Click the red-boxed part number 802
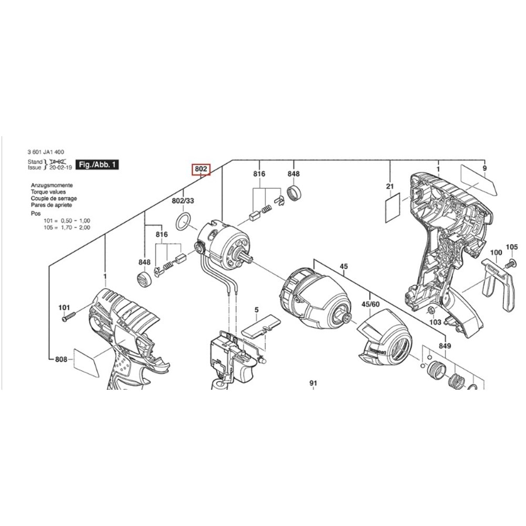point(201,169)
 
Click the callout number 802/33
point(183,201)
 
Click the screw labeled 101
point(69,317)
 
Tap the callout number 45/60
point(370,305)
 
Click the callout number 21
point(390,186)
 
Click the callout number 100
point(496,253)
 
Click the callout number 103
point(435,321)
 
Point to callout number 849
point(446,346)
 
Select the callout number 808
point(61,360)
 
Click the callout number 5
point(256,310)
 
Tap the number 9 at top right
point(484,168)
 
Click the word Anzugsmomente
point(52,186)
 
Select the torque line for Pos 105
point(67,227)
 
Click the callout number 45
point(343,267)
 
